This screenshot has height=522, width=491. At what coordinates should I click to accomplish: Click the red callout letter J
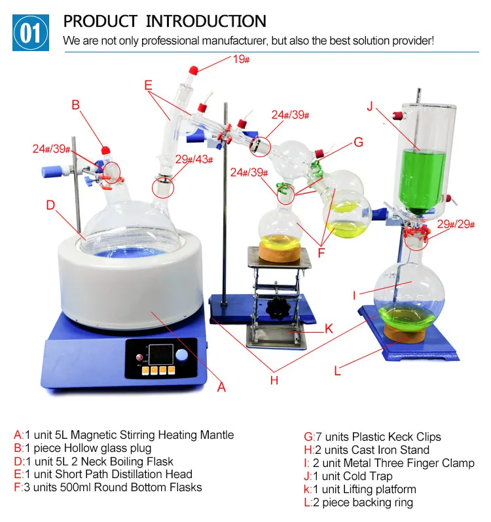coord(370,107)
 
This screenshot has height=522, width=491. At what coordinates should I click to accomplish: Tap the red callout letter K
coord(329,328)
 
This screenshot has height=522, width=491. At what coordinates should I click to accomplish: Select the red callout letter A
coord(221,387)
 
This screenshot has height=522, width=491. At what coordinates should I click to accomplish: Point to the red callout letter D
coord(50,205)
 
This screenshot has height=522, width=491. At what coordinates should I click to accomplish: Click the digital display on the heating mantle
coord(160,354)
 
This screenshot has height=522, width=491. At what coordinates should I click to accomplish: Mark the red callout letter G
coord(358,142)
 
